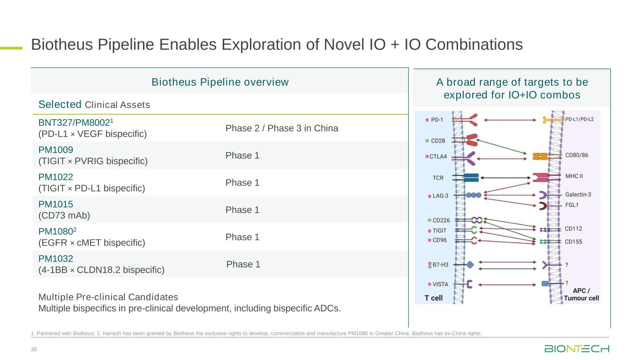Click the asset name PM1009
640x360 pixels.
(56, 150)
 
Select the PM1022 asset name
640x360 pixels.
(56, 177)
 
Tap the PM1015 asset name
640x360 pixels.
(56, 204)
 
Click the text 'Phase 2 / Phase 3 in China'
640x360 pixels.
(282, 128)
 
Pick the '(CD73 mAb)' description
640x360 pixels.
(64, 216)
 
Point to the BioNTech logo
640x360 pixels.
(577, 349)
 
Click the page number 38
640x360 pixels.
(34, 349)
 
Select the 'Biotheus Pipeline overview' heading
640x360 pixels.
(220, 82)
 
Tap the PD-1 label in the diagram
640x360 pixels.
(437, 120)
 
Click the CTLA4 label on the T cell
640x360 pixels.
(438, 157)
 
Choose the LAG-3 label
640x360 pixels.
(440, 196)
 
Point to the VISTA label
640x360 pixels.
(440, 284)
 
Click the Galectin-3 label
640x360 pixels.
(578, 195)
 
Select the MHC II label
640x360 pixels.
(574, 176)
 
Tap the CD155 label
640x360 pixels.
(573, 242)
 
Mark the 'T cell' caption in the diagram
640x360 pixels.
(433, 298)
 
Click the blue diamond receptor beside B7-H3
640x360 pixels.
(470, 265)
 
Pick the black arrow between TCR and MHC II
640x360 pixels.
(505, 178)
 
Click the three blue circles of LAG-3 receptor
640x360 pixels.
(474, 195)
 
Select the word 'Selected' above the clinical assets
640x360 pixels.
(60, 104)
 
